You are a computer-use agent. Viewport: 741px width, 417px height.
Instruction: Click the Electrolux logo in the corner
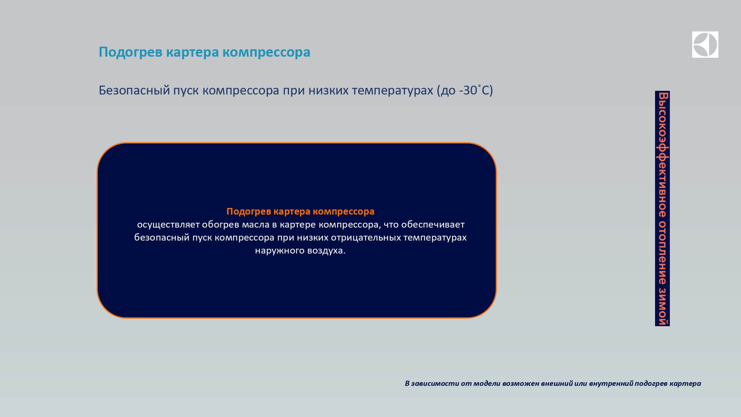[x=705, y=44]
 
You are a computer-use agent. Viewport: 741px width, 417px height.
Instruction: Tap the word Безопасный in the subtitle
[x=134, y=90]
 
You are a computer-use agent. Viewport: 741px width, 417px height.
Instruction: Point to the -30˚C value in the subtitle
[x=474, y=90]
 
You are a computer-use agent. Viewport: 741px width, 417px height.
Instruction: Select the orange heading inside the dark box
[x=300, y=211]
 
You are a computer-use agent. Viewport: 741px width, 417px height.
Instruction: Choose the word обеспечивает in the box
[x=433, y=225]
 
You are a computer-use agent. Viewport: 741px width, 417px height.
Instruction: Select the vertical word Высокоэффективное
[x=662, y=155]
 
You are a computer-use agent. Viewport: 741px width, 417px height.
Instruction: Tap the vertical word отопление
[x=662, y=253]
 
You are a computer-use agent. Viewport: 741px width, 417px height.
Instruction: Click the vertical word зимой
[x=662, y=306]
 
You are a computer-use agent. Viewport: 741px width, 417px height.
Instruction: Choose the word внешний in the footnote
[x=557, y=383]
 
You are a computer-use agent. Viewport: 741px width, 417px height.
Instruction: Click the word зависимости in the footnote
[x=435, y=383]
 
